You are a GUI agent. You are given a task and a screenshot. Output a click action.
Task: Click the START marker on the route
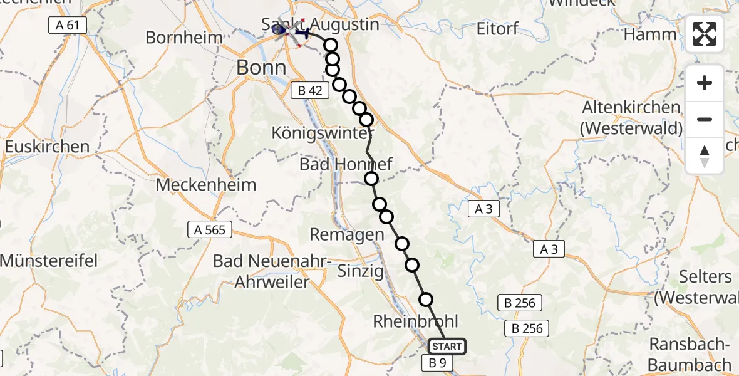pos(447,347)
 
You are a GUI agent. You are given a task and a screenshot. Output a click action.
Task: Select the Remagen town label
pos(347,235)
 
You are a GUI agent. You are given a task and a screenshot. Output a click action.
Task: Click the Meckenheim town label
pos(206,185)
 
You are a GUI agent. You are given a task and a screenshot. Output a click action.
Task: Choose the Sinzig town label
pos(360,271)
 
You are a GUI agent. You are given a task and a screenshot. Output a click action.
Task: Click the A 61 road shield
pos(67,25)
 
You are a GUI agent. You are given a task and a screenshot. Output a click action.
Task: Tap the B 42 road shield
pos(310,90)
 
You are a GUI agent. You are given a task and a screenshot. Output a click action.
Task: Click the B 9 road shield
pos(438,362)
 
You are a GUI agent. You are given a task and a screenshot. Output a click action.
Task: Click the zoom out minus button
pos(705,120)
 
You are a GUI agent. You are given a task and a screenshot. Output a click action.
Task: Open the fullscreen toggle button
pos(705,34)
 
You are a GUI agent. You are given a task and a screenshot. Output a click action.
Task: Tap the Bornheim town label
pos(184,37)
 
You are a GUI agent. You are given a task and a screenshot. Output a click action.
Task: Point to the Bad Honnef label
pos(346,165)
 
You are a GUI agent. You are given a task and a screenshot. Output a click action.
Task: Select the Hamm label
pos(651,34)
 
